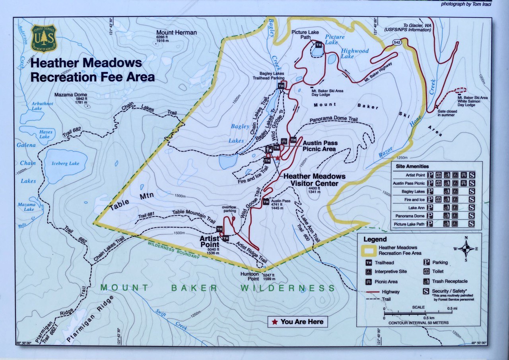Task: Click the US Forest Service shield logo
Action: point(44,39)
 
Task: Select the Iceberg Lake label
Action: point(65,163)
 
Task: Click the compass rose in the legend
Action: point(466,249)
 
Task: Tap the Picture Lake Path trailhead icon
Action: point(319,45)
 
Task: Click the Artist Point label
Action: point(209,241)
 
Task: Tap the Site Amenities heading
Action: point(412,166)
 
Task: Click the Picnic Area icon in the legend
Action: point(369,282)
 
